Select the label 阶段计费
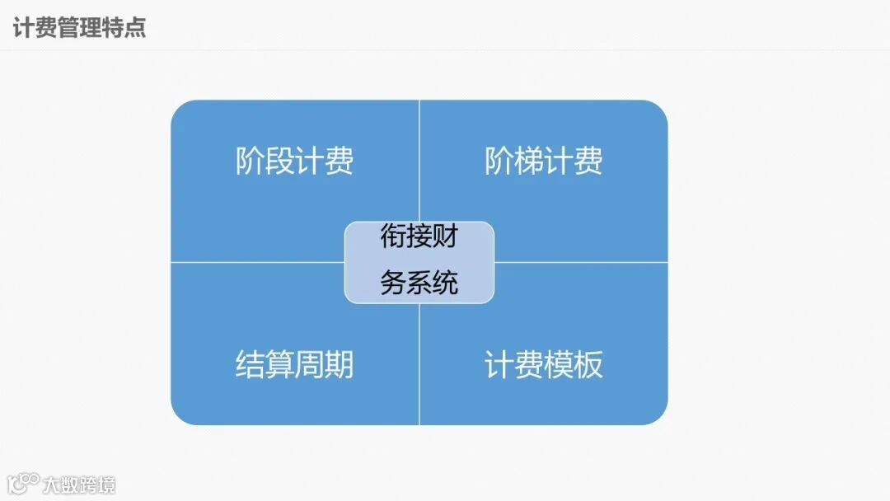click(x=294, y=161)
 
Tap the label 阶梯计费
click(x=543, y=161)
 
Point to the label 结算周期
click(x=294, y=364)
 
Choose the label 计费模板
click(x=543, y=364)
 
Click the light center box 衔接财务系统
click(x=419, y=262)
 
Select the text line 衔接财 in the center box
click(x=419, y=237)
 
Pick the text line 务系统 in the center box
click(x=419, y=283)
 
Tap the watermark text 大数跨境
click(x=80, y=484)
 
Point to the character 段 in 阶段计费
click(x=279, y=161)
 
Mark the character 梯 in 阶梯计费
click(x=528, y=161)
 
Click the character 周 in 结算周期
click(x=309, y=364)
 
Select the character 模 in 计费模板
click(x=558, y=364)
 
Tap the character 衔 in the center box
click(x=393, y=237)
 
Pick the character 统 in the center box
click(x=445, y=283)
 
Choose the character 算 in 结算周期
click(x=279, y=364)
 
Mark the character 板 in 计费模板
click(x=588, y=364)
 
